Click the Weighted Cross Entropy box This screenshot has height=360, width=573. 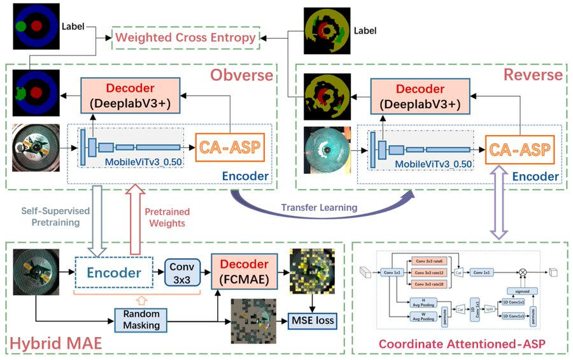click(x=186, y=38)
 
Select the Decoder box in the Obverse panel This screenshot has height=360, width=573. click(x=131, y=95)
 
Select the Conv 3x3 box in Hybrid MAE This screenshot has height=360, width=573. click(x=183, y=272)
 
